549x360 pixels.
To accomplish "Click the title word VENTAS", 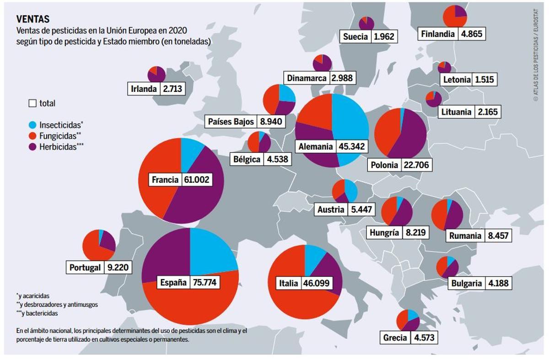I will click(x=33, y=19).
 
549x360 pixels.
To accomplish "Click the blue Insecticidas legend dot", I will click(x=32, y=124).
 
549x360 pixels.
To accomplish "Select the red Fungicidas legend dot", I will click(x=32, y=135).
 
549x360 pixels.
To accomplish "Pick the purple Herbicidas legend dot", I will click(x=32, y=147).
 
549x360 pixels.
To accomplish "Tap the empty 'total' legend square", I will click(x=32, y=103).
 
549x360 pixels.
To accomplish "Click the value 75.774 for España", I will click(x=205, y=282).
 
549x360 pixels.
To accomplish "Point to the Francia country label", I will click(x=165, y=180).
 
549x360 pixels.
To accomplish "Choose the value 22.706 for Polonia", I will click(x=416, y=165).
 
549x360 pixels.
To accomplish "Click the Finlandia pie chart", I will click(x=455, y=16).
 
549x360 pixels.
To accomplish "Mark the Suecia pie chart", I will click(x=366, y=23).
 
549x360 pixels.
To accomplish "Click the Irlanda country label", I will click(x=144, y=89).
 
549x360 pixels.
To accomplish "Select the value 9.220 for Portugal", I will click(x=118, y=268).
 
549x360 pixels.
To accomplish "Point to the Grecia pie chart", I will click(x=408, y=321).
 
